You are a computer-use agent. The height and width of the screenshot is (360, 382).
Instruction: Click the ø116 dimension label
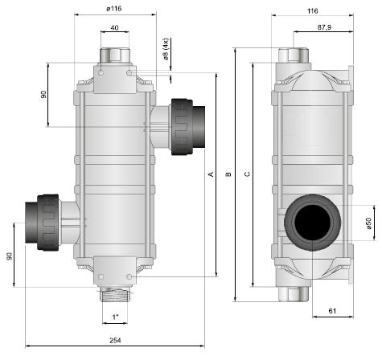[x=114, y=9]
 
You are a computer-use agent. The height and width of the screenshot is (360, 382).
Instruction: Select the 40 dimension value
[x=114, y=27]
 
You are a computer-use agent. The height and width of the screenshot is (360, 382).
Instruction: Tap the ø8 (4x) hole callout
[x=166, y=49]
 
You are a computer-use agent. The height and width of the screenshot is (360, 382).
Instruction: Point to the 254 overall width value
[x=115, y=341]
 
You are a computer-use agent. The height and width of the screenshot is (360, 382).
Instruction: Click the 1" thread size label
[x=115, y=317]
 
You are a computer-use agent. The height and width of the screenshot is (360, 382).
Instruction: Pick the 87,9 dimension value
[x=324, y=27]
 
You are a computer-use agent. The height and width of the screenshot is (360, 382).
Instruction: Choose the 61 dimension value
[x=332, y=311]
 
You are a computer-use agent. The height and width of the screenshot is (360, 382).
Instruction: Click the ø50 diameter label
[x=369, y=223]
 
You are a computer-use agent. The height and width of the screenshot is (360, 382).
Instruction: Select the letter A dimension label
[x=212, y=174]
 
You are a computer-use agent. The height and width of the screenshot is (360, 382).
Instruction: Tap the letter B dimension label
[x=228, y=174]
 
